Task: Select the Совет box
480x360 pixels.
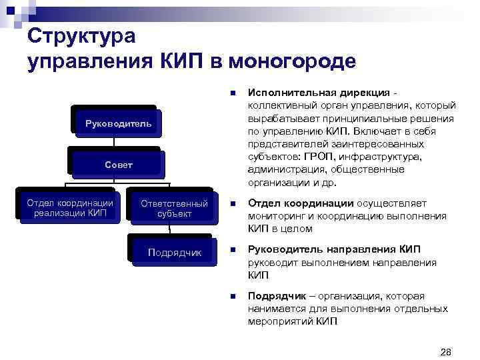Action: pos(117,164)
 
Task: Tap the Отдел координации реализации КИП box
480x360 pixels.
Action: pos(69,207)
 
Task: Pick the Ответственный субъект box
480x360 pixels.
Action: pos(174,208)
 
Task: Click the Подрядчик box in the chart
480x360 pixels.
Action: pos(174,253)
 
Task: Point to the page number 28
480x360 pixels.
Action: pos(446,351)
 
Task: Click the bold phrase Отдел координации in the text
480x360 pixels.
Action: pos(300,203)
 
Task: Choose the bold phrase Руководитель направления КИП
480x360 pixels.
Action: pos(334,249)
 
